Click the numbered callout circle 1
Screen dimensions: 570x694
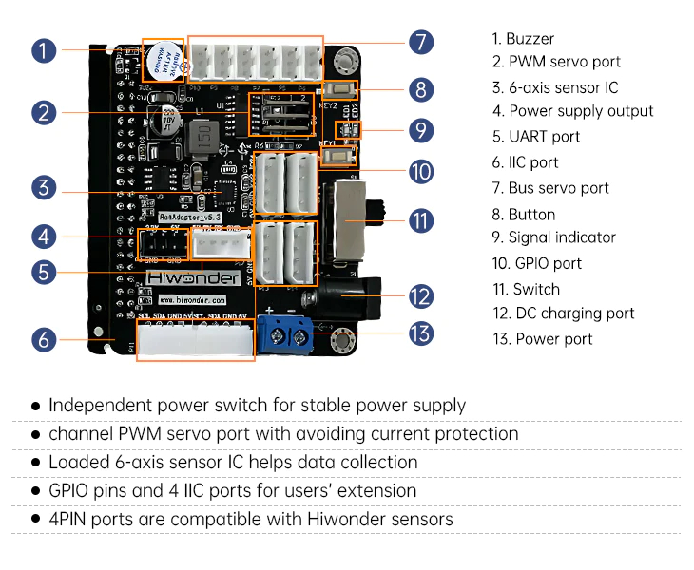tap(43, 50)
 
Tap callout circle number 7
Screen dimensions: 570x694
tap(421, 42)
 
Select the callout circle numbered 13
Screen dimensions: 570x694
tap(421, 333)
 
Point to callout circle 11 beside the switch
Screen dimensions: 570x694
tap(421, 221)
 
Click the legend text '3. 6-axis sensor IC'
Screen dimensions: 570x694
tap(554, 87)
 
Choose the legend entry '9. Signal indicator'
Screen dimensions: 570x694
tap(553, 237)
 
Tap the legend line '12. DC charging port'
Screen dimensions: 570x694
tap(563, 313)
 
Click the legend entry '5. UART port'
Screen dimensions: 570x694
tap(535, 137)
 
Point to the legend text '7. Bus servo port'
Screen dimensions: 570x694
tap(550, 188)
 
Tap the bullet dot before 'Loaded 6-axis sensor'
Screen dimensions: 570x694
tap(35, 463)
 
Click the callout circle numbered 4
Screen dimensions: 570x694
tap(43, 237)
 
